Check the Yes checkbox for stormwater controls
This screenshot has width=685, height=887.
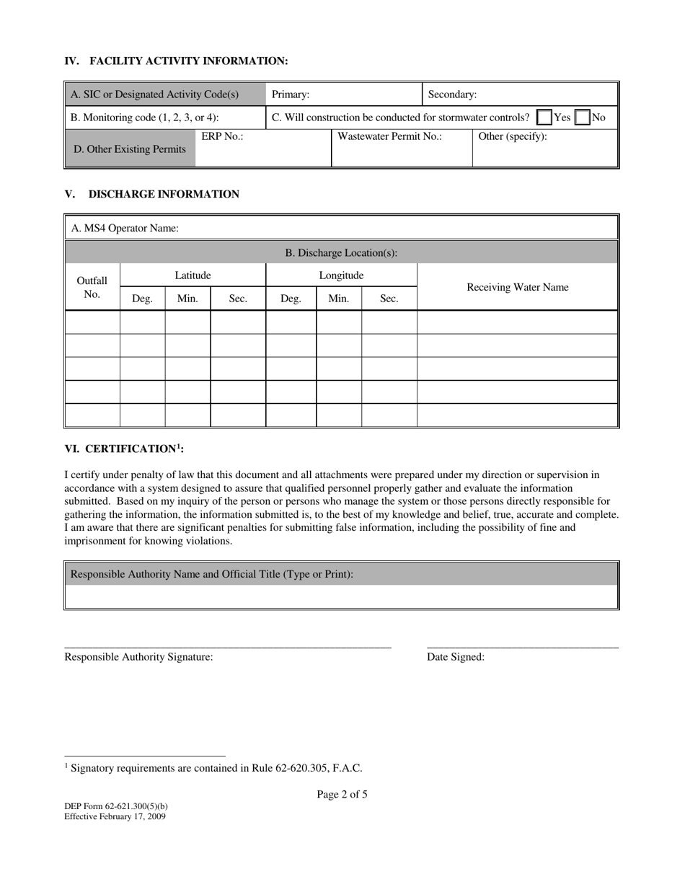(x=545, y=118)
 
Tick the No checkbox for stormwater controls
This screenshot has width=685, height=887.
(x=582, y=118)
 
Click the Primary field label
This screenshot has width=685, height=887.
(x=291, y=94)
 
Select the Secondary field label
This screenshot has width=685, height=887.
(x=452, y=94)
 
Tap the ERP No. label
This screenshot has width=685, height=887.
(x=222, y=136)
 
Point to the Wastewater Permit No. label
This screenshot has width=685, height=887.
(x=389, y=136)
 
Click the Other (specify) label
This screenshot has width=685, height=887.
(x=513, y=136)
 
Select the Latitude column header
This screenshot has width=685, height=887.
(x=193, y=275)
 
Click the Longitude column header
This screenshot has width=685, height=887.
(x=341, y=275)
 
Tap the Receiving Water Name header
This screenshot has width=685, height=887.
(x=518, y=288)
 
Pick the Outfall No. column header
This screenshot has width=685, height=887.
(x=92, y=287)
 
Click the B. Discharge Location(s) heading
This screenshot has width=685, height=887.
(x=341, y=253)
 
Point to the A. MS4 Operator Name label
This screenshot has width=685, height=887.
(x=125, y=229)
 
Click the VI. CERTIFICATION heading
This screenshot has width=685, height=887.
(x=124, y=449)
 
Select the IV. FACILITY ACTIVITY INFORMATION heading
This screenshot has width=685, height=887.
(x=176, y=61)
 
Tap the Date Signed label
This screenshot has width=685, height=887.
(x=456, y=657)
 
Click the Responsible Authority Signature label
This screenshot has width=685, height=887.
(x=138, y=657)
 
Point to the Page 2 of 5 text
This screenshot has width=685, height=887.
(x=342, y=795)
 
